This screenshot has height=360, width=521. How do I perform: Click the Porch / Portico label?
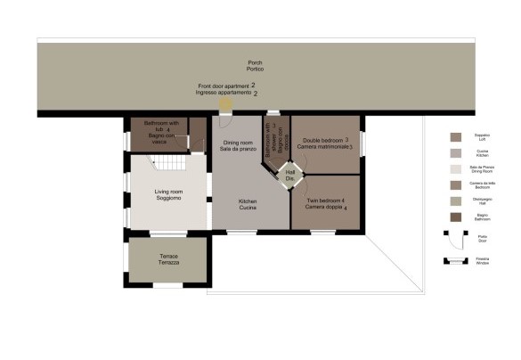pos(256,66)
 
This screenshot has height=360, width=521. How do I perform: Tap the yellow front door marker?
pos(225,105)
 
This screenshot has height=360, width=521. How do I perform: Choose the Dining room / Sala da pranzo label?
pos(238,147)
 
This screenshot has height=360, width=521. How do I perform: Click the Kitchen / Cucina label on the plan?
pos(248,205)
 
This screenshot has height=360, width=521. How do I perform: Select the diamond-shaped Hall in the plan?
pos(289,176)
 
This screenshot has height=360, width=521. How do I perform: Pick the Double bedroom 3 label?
pos(327,143)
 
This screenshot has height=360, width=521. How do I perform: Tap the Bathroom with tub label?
pos(162,132)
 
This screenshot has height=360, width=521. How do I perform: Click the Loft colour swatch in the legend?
pos(456,136)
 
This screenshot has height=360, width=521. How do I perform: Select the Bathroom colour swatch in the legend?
pos(456,217)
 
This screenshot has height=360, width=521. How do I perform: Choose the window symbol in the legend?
pos(457,261)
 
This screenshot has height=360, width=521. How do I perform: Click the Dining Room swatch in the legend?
pos(456,168)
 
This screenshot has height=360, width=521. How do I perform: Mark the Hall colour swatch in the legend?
pos(456,200)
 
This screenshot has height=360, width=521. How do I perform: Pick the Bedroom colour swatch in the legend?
pos(456,184)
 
